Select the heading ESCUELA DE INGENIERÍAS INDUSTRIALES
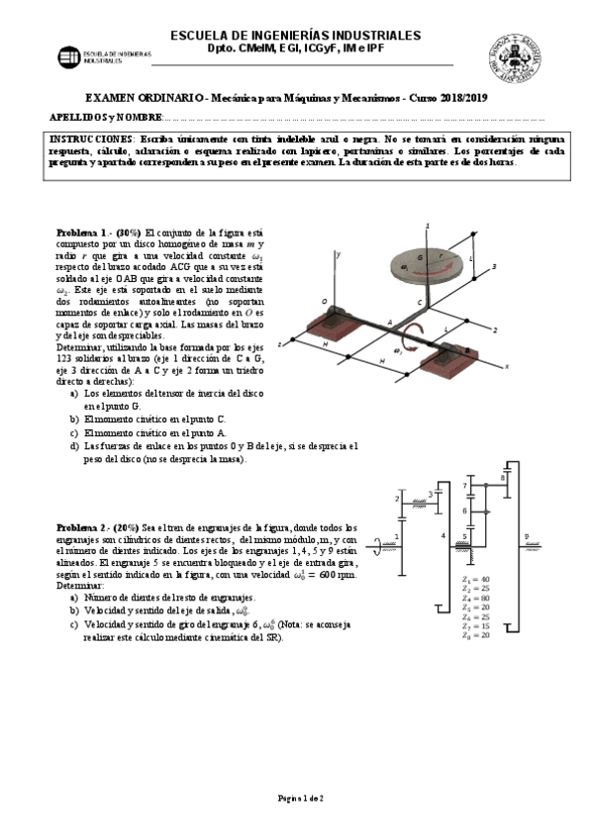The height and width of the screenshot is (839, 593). coord(296,35)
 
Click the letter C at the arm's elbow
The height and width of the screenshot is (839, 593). coord(419,301)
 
